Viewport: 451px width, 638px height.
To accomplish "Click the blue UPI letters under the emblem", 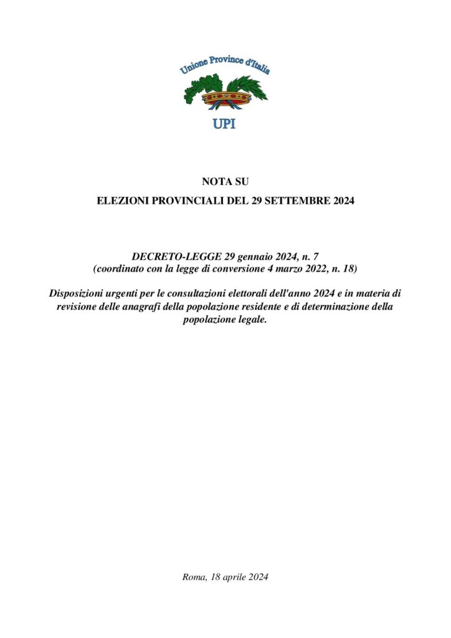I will (x=224, y=123).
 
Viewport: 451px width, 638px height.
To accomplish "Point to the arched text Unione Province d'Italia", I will (x=225, y=65).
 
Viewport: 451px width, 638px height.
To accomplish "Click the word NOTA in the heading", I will (x=214, y=181).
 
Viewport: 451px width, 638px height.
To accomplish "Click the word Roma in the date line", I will (x=194, y=577).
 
